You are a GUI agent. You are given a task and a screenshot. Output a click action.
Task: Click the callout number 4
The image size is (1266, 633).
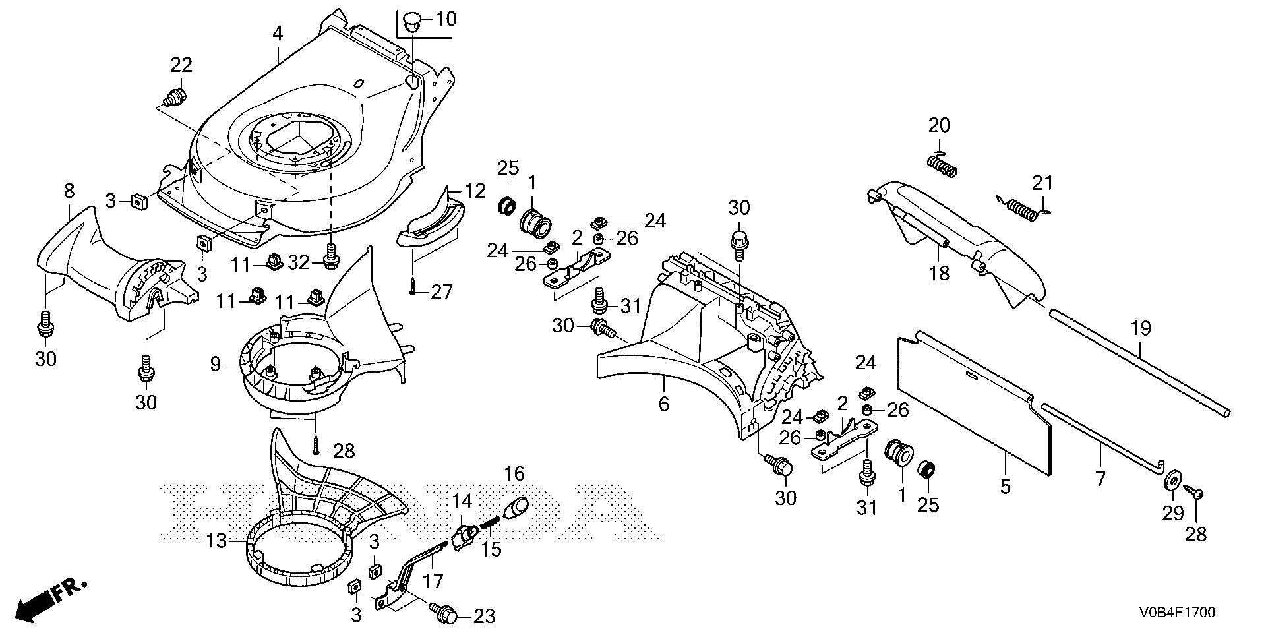(278, 34)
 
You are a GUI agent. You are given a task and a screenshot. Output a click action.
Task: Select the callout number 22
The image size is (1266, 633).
(181, 65)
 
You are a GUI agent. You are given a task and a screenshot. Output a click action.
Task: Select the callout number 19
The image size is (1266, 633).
(1141, 328)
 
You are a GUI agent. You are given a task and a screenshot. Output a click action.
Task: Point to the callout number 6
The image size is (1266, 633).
(664, 404)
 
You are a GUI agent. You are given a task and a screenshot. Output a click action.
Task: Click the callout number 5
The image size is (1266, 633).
(1005, 487)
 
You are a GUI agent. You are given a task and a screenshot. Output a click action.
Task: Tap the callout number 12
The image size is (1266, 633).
(475, 191)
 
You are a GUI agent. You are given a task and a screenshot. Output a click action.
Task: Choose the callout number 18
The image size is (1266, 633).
(940, 272)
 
